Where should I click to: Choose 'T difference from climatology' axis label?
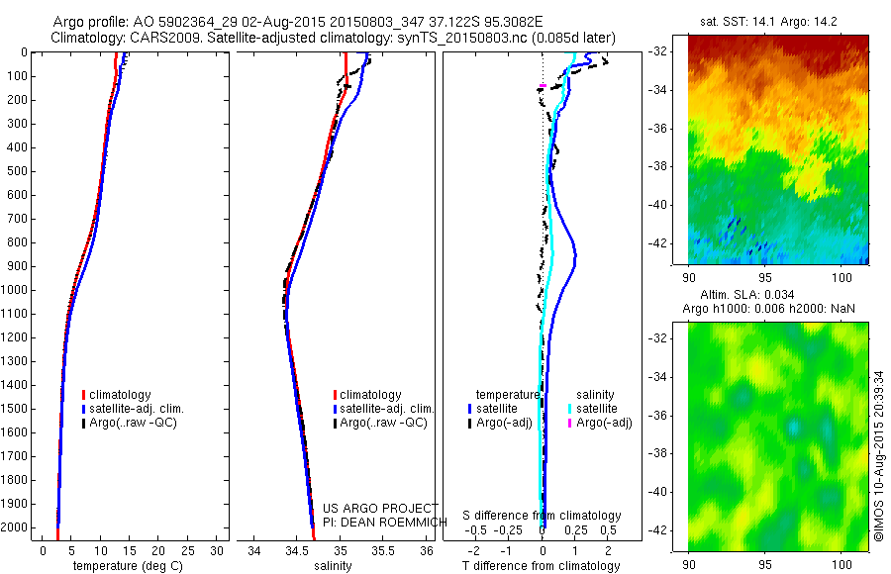click(543, 566)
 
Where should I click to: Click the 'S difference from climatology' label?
click(543, 516)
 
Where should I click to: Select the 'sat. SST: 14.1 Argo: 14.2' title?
click(778, 19)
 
